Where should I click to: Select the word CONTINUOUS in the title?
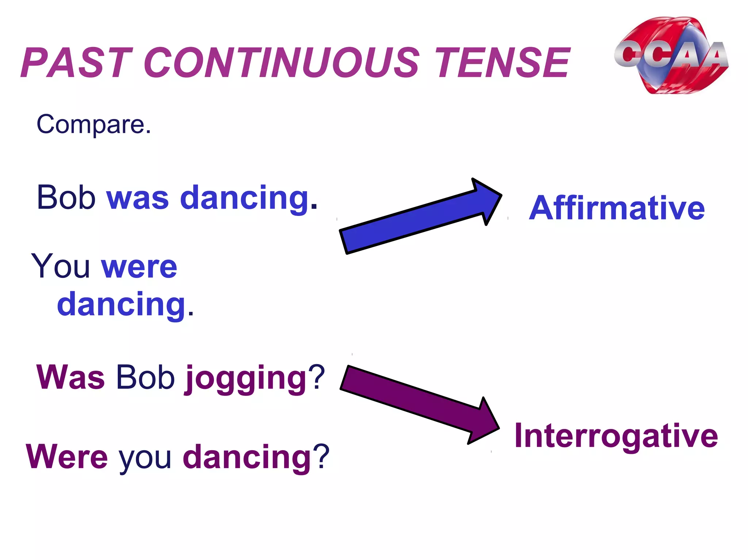click(x=281, y=63)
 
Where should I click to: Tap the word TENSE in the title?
click(x=502, y=63)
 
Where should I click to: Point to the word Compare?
click(x=93, y=125)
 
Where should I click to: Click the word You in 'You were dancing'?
click(x=61, y=266)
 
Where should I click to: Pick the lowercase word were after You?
click(x=139, y=268)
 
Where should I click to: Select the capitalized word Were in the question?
click(x=67, y=457)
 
